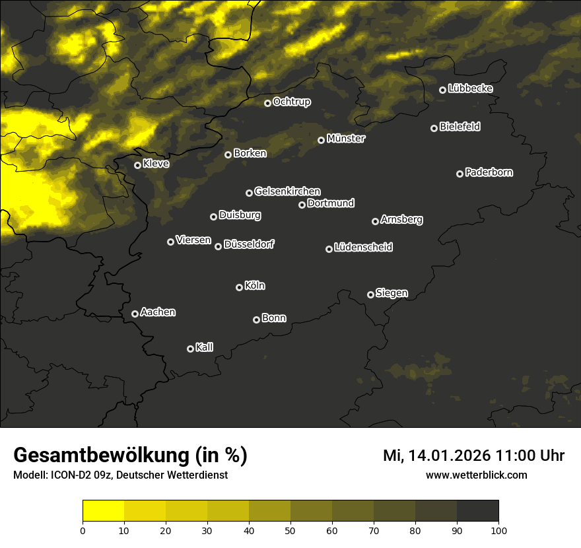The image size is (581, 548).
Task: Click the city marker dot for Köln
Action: pos(239,287)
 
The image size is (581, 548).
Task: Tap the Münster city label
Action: pos(346,139)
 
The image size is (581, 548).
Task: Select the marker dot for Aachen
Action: pos(135,314)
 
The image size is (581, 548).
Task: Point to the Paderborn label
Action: pos(489,172)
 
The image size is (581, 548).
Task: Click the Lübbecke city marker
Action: pos(442,90)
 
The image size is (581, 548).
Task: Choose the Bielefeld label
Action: pos(460,126)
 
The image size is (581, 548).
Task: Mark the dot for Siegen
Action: pos(370,294)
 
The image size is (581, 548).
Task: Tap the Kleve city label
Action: pos(156,163)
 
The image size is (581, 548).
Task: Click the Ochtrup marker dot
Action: pos(267,103)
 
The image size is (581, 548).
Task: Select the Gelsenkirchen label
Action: pos(287,191)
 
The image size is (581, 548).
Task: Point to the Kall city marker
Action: pos(190,349)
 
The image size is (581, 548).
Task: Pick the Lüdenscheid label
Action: pos(363,248)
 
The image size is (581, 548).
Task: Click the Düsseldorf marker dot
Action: pos(218,246)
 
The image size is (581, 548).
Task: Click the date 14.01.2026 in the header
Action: pos(448,456)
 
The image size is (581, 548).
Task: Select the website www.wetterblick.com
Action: pos(476,475)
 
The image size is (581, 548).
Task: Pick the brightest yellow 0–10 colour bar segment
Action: pos(104,510)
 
